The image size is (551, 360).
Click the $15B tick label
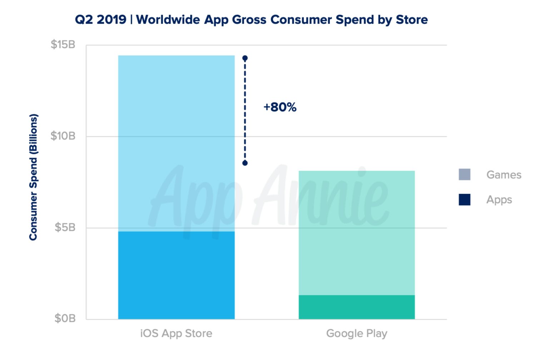tap(63, 45)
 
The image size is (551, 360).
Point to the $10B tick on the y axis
tap(63, 136)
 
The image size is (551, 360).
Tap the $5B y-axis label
tap(65, 227)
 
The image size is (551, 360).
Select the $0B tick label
tap(65, 318)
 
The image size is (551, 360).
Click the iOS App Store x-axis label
tap(176, 334)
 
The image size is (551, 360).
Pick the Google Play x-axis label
tap(357, 334)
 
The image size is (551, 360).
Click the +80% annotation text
tap(280, 107)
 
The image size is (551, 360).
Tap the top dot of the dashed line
tap(245, 58)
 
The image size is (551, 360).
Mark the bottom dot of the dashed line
tap(245, 163)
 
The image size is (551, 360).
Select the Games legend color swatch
tap(464, 175)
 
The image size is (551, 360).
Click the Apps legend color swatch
tap(464, 200)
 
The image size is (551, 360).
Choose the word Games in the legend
tap(503, 175)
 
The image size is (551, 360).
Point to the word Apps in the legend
tap(499, 200)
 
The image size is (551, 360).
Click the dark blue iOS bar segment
tap(176, 275)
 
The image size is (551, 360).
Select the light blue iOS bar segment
tap(176, 143)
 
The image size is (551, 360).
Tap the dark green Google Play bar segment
tap(357, 307)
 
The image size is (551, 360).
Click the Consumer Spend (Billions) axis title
tap(33, 177)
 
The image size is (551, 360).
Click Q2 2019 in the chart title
tap(100, 20)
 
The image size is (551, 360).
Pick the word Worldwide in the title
tap(168, 20)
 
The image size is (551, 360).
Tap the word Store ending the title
tap(412, 20)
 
